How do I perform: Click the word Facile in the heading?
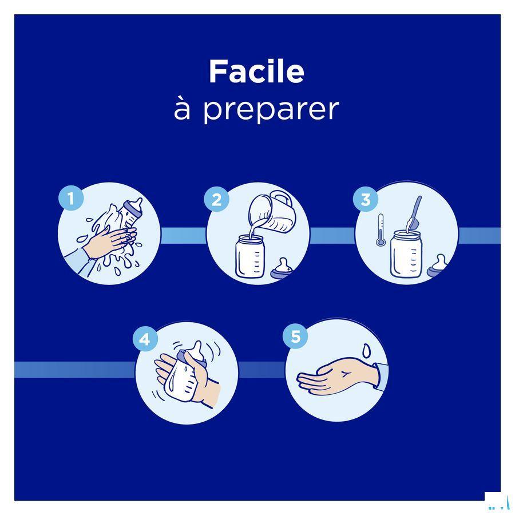pos(256,72)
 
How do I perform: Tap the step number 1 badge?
pos(71,198)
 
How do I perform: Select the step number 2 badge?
pos(216,199)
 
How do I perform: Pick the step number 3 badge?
pos(366,199)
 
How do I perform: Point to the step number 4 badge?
pos(145,339)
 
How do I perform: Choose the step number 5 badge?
pos(295,336)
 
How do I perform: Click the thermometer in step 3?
pos(381,230)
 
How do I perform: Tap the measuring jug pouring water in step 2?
pos(271,213)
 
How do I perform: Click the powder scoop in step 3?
pos(414,214)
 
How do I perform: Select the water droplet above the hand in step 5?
pos(366,350)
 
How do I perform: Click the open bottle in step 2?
pos(250,256)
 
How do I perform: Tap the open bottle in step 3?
pos(406,254)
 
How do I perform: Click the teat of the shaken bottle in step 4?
pos(196,352)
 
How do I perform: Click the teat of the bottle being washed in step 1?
pos(135,205)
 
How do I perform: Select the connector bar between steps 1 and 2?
pos(183,236)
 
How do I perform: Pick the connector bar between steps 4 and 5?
pos(262,370)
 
